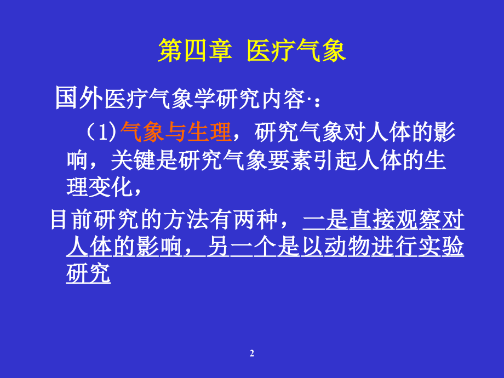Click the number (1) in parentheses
(x=102, y=132)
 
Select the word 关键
(x=131, y=161)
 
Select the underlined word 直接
(x=373, y=220)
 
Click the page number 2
(x=252, y=354)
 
